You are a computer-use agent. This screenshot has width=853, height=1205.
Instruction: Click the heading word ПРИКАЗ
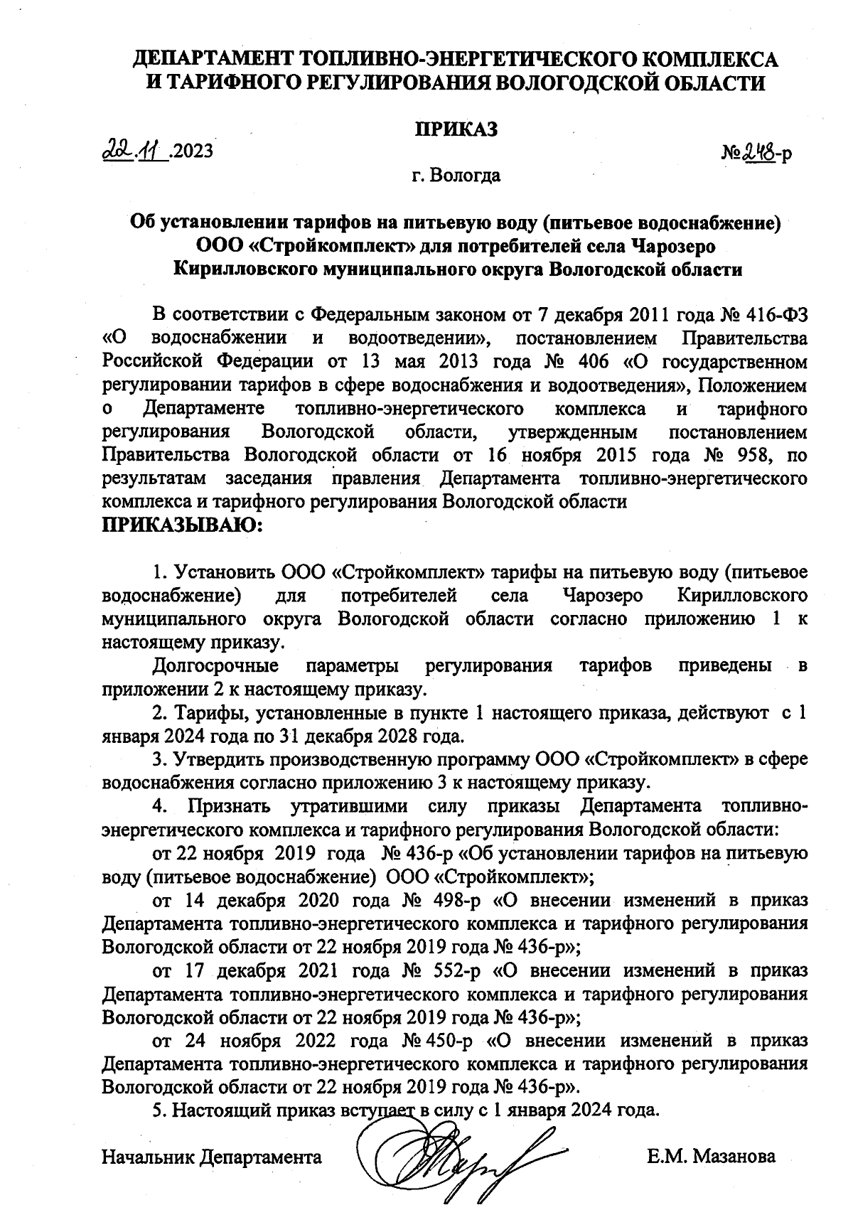[456, 129]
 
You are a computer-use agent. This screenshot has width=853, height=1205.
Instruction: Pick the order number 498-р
[453, 900]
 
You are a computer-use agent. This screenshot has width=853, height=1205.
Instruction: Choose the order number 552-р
[453, 970]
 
